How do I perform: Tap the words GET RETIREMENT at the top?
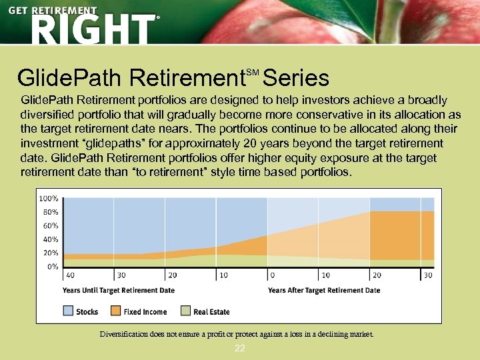tap(53, 10)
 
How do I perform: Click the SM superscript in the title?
tap(252, 71)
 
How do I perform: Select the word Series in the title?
tap(296, 79)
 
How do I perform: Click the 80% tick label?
tap(51, 212)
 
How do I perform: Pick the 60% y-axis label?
tap(51, 225)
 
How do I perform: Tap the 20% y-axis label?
tap(51, 253)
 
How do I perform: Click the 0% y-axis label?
tap(53, 266)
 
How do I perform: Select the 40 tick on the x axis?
tap(70, 275)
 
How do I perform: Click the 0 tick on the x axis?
tap(272, 275)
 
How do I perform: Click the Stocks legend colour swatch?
tap(68, 311)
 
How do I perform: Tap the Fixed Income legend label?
tap(145, 311)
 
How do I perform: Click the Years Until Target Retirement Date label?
tap(119, 291)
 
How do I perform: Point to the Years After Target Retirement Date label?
tap(324, 291)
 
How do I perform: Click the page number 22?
tap(240, 349)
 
